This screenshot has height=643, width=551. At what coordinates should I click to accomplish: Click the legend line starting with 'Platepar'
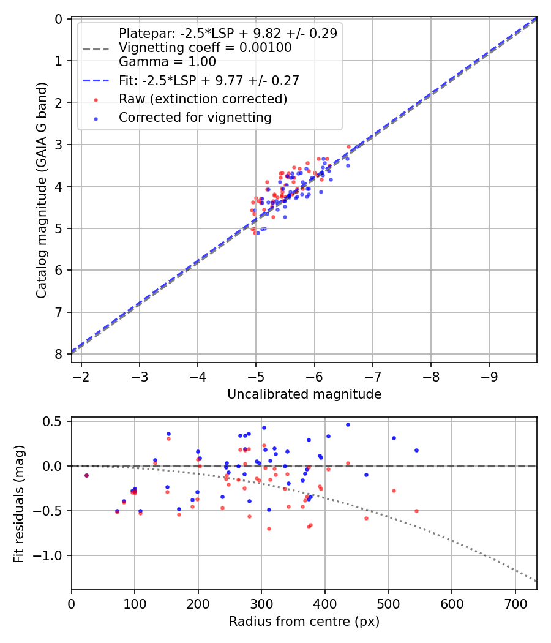(x=228, y=34)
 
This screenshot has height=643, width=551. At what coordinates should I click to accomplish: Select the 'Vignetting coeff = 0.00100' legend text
(x=205, y=48)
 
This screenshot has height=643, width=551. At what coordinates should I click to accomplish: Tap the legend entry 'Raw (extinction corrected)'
(x=203, y=99)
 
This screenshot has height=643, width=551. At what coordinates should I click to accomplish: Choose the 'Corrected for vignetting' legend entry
(x=195, y=117)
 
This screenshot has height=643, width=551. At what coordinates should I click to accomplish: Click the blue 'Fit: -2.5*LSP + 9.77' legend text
(x=209, y=80)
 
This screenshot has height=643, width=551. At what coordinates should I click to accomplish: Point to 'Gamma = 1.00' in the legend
(x=167, y=62)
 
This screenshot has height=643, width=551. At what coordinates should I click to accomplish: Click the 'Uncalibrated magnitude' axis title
(x=304, y=394)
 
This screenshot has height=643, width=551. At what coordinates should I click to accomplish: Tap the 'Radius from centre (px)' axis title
(x=304, y=622)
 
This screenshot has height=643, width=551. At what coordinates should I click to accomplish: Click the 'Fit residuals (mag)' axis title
(x=18, y=503)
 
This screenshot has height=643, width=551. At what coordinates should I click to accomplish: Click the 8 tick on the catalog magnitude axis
(x=59, y=354)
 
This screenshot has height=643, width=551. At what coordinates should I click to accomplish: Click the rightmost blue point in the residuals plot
(x=416, y=450)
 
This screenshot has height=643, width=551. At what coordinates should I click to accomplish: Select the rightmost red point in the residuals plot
(x=416, y=511)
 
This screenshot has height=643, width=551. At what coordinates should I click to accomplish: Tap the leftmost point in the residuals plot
(x=86, y=475)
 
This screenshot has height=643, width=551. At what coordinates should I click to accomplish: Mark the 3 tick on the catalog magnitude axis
(x=59, y=145)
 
